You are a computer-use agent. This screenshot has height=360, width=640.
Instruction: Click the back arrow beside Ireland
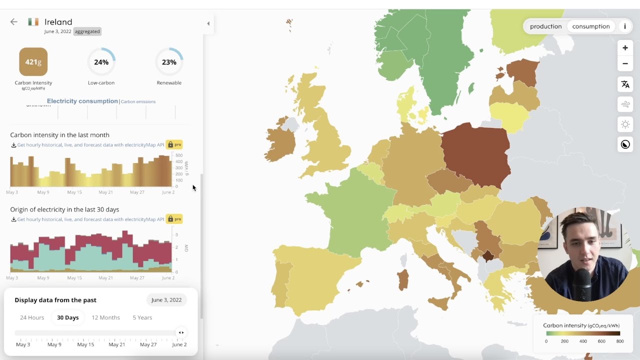coord(14,22)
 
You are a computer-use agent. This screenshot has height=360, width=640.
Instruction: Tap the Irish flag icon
coord(33,22)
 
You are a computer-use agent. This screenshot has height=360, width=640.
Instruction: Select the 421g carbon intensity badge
coord(33,62)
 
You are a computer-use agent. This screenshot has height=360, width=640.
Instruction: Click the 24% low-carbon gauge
coord(101,62)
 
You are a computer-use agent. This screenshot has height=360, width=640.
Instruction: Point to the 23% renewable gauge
coord(169,62)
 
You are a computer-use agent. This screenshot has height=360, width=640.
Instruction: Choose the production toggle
coord(545,26)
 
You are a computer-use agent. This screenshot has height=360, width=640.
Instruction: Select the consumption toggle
coord(591,26)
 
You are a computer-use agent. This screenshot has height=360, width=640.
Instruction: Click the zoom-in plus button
coord(625,48)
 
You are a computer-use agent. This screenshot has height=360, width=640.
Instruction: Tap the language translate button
coord(625,84)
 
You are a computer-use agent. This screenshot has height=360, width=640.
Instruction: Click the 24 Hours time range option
coord(32,317)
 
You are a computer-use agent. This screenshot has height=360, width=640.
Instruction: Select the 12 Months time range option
coord(105,317)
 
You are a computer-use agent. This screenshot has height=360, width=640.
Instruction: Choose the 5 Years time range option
coord(142,317)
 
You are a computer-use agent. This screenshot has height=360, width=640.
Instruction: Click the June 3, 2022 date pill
coord(166,300)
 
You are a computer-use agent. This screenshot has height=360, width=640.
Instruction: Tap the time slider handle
coord(181,332)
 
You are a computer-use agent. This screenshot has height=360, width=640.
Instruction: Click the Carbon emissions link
coord(138,101)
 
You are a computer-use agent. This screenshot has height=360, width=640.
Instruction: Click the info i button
coord(624,26)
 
